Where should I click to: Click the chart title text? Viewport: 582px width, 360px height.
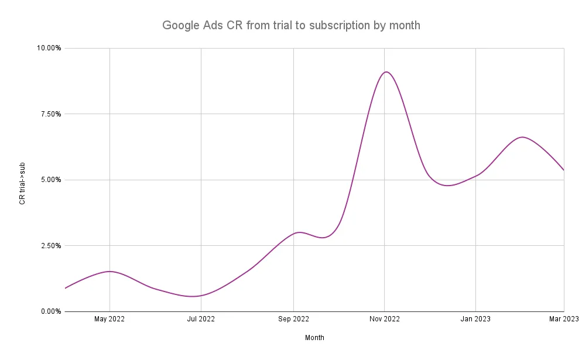(x=291, y=26)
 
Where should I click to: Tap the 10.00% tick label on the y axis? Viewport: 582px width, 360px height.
(x=49, y=48)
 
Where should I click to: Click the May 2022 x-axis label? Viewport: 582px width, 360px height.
(x=109, y=319)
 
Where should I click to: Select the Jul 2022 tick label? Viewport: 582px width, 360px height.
(x=201, y=319)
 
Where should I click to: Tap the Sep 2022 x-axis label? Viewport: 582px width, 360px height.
(x=293, y=319)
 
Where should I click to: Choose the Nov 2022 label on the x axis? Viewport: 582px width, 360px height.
(x=384, y=319)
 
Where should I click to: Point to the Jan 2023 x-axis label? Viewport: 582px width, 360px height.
(x=475, y=319)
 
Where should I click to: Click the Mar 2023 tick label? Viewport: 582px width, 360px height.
(x=563, y=319)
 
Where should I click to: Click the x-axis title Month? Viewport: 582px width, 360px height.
(x=314, y=338)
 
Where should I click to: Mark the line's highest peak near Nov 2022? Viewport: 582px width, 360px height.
(x=386, y=72)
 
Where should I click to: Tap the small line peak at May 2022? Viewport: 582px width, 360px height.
(x=110, y=272)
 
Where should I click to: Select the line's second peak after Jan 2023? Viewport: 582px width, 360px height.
(x=522, y=137)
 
